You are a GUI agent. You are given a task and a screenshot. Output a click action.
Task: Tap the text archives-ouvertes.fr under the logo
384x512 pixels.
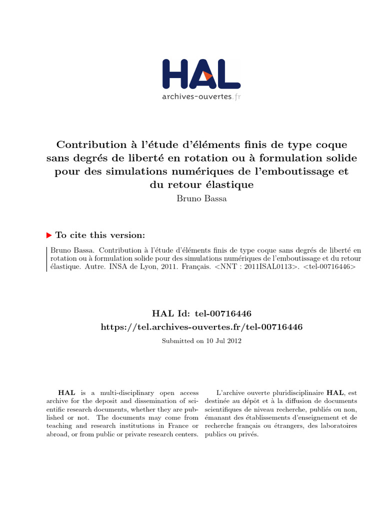tap(201, 96)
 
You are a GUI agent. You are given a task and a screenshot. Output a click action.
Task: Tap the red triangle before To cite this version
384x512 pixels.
tap(48, 235)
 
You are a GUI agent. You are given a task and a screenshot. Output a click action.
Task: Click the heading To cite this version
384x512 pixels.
tap(100, 235)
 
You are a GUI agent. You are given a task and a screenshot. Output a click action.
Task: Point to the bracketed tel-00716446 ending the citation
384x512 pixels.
tap(330, 267)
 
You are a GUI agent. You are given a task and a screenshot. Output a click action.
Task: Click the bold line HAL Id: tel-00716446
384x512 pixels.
tap(201, 313)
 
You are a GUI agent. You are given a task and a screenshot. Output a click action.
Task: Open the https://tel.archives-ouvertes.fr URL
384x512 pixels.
tap(201, 326)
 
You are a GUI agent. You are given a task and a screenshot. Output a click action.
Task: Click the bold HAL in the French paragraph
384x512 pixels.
tap(334, 393)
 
